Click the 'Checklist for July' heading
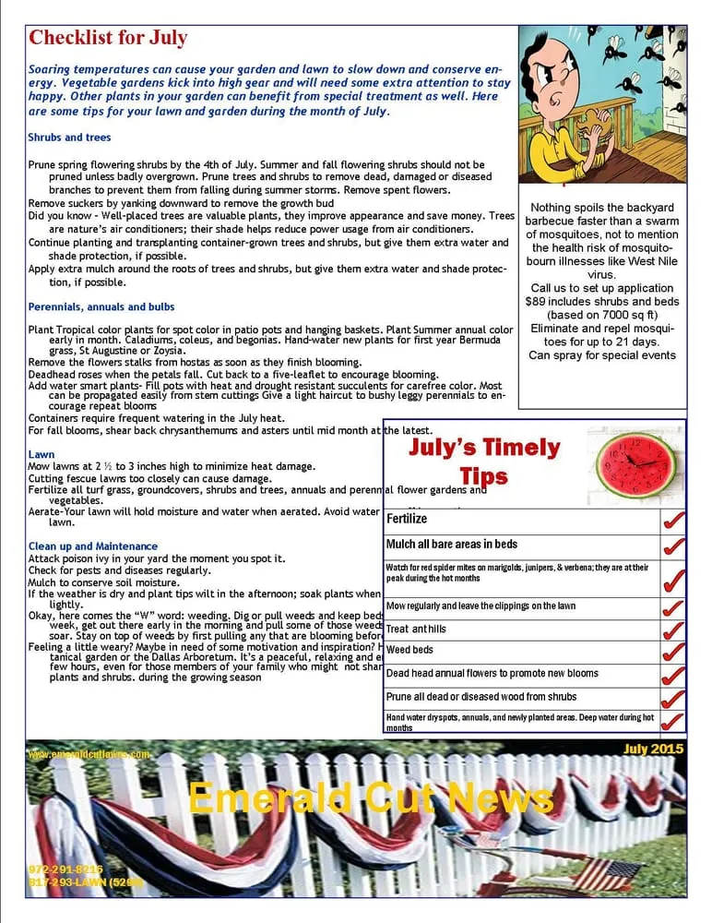tap(108, 38)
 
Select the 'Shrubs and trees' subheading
tap(69, 138)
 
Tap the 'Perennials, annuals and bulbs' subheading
tap(101, 306)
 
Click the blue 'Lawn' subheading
tap(42, 454)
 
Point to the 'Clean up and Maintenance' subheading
tap(93, 546)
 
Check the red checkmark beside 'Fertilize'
tap(673, 520)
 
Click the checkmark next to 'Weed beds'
tap(673, 653)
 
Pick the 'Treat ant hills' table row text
tap(416, 629)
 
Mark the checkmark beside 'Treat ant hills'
tap(673, 629)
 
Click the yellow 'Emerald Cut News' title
tap(371, 798)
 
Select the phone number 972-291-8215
tap(65, 869)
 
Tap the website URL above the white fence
tap(89, 754)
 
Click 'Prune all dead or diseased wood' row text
tap(481, 697)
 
